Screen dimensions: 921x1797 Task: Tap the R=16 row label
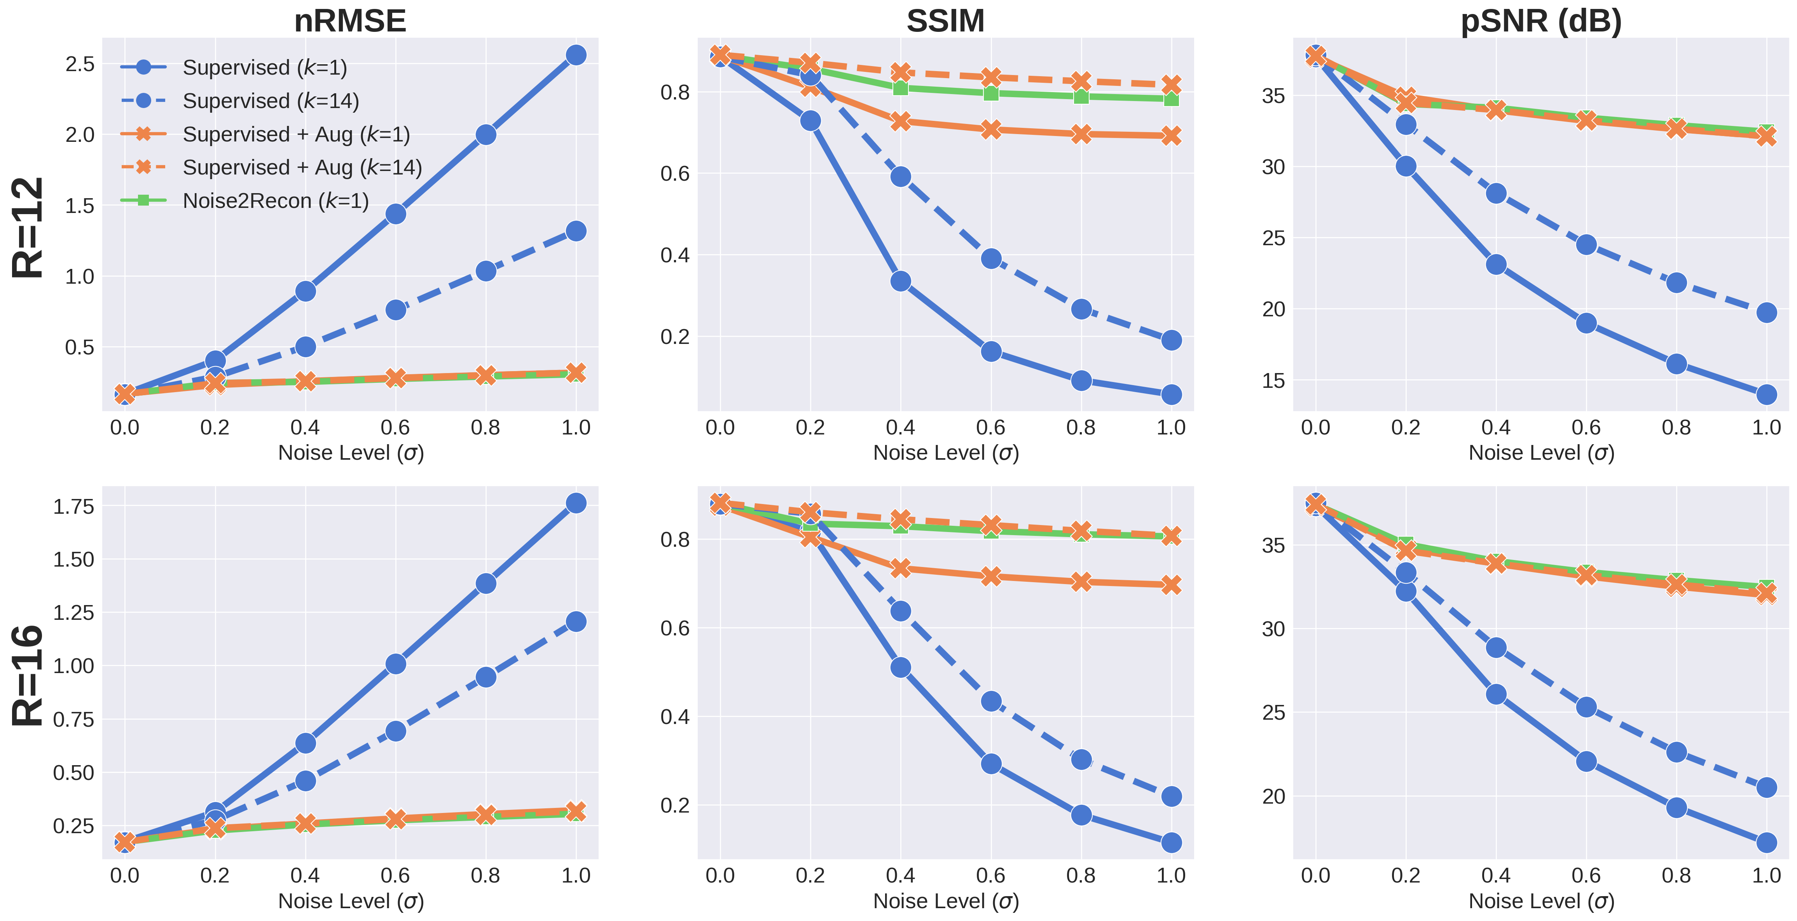point(28,675)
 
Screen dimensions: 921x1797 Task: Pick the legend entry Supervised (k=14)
point(270,101)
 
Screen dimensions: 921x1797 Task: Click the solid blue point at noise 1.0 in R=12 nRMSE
point(576,55)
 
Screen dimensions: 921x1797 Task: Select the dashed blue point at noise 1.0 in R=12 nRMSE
point(576,231)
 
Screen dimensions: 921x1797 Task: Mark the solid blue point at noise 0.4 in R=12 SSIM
point(901,281)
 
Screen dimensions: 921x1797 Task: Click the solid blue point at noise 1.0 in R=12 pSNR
point(1766,394)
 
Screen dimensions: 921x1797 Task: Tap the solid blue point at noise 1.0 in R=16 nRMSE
point(576,503)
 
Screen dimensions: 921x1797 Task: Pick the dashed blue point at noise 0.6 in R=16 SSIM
point(990,701)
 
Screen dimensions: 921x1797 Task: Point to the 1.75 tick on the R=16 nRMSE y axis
point(73,506)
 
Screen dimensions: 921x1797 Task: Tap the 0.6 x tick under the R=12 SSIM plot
point(990,427)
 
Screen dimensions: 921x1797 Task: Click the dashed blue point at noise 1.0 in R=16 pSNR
point(1766,788)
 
